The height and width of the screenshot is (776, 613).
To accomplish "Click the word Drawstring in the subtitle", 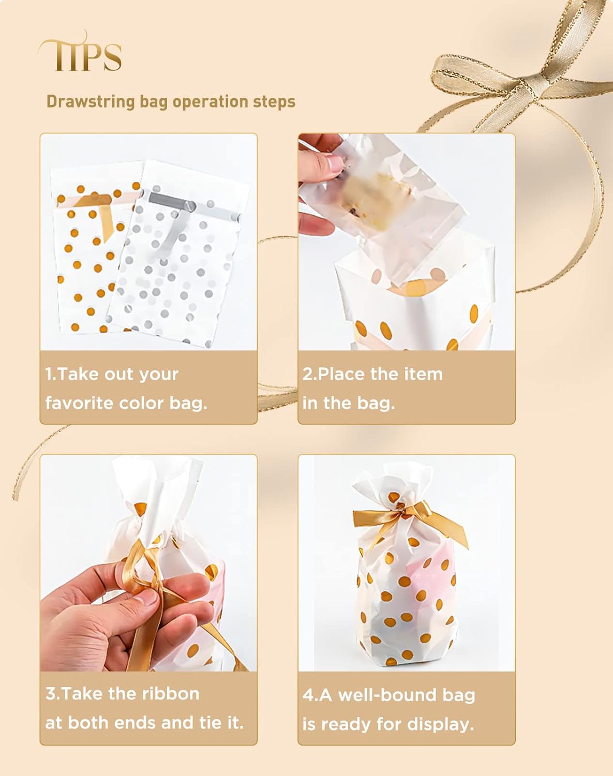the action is coord(91,102).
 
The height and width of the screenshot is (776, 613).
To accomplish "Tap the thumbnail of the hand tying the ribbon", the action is coord(148,563).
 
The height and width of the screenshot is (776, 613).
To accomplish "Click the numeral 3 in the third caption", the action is coord(50,693).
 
